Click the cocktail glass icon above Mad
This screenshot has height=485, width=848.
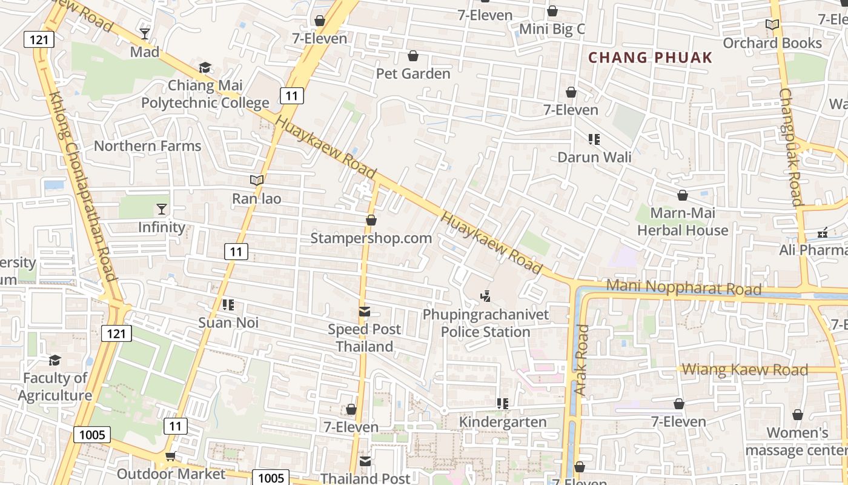pyautogui.click(x=145, y=33)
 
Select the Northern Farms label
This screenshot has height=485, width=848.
pyautogui.click(x=147, y=146)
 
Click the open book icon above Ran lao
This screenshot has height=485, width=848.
pyautogui.click(x=257, y=180)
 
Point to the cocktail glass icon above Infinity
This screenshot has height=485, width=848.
pyautogui.click(x=161, y=209)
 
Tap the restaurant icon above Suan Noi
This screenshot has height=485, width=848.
pyautogui.click(x=228, y=304)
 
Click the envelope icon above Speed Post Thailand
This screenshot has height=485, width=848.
pyautogui.click(x=365, y=312)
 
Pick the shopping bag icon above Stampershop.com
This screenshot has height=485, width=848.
pyautogui.click(x=371, y=220)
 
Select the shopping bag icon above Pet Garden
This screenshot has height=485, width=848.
pyautogui.click(x=413, y=56)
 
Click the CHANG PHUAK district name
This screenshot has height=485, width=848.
pyautogui.click(x=651, y=58)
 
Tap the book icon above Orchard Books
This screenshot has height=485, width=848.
pyautogui.click(x=772, y=25)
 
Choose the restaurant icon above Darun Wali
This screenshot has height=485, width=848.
pyautogui.click(x=594, y=139)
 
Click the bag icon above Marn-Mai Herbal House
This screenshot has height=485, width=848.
pyautogui.click(x=683, y=195)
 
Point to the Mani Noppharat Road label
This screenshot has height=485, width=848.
pyautogui.click(x=684, y=287)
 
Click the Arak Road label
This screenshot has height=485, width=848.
pyautogui.click(x=581, y=360)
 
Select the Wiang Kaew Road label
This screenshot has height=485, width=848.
pyautogui.click(x=745, y=369)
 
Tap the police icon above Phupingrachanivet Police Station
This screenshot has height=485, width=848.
pyautogui.click(x=485, y=296)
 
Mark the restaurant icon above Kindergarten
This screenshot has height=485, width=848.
pyautogui.click(x=502, y=404)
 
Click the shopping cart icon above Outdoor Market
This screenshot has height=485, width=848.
pyautogui.click(x=170, y=456)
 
